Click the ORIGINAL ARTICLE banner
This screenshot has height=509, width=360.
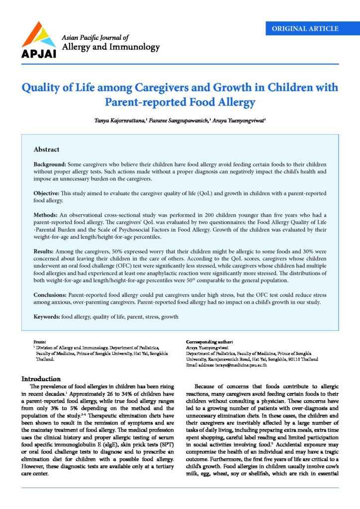pyautogui.click(x=305, y=28)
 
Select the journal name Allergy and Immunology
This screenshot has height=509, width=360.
pyautogui.click(x=110, y=48)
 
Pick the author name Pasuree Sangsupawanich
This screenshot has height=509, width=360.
pyautogui.click(x=184, y=121)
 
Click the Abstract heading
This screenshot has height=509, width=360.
pyautogui.click(x=46, y=150)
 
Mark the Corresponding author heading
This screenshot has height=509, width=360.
pyautogui.click(x=209, y=342)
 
